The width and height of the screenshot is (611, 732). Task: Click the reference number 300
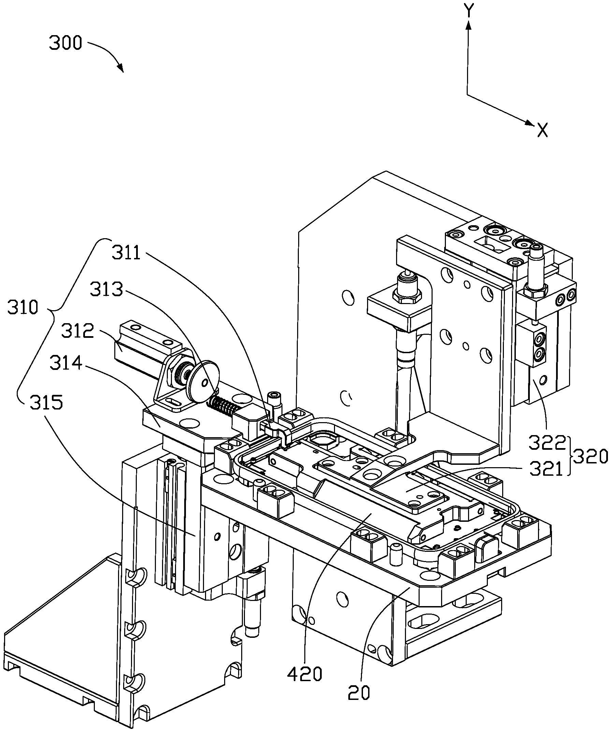click(65, 44)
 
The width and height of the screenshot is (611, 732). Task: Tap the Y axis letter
click(469, 11)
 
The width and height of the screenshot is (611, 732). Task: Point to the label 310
click(23, 308)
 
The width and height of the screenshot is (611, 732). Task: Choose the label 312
click(77, 331)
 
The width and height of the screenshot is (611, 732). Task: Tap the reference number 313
click(106, 289)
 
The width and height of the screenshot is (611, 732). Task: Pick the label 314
click(66, 363)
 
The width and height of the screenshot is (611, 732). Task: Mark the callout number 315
click(46, 403)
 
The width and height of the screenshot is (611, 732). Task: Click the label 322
click(547, 443)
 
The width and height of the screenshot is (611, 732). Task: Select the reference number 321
click(546, 470)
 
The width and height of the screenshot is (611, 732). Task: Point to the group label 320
click(591, 457)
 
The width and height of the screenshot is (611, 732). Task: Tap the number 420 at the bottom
click(305, 675)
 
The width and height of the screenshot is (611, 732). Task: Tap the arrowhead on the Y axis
click(469, 25)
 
